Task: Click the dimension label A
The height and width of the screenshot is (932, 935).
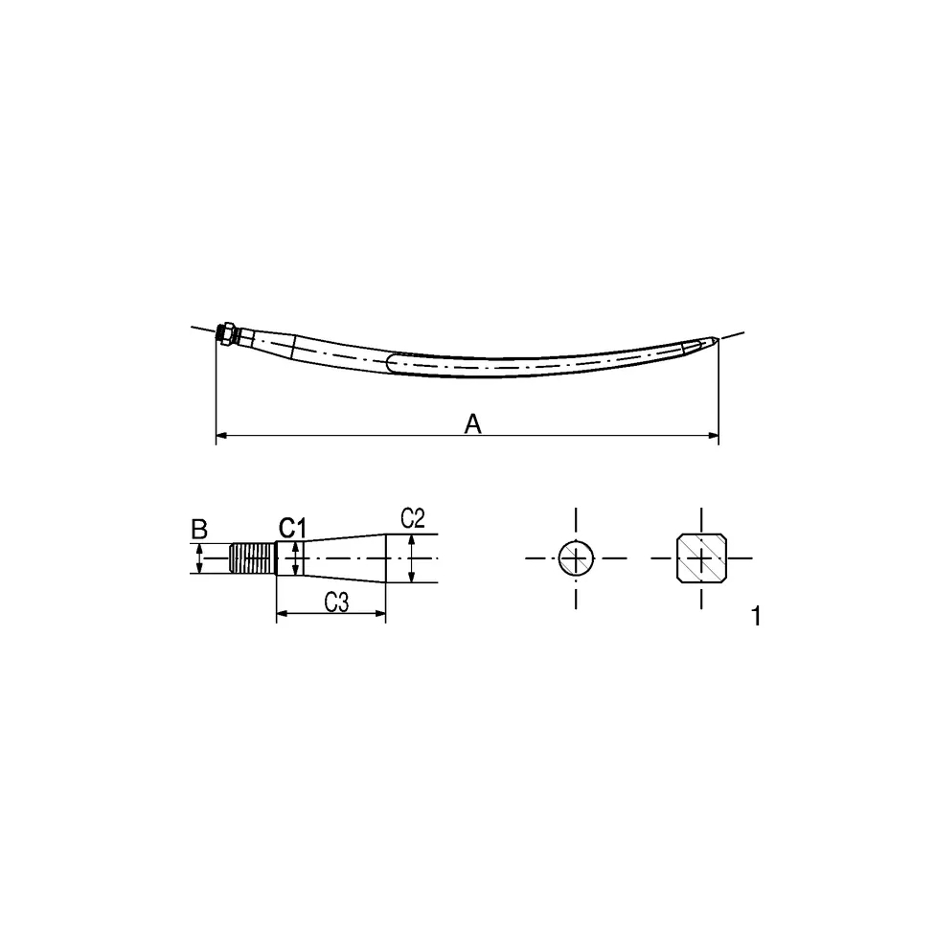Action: click(472, 424)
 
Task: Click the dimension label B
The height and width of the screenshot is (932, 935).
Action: click(199, 529)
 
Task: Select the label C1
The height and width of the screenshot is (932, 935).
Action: click(292, 528)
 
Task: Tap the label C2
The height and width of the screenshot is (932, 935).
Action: click(413, 519)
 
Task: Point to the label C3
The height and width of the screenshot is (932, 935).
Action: click(336, 602)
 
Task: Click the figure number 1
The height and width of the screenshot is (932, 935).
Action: click(756, 616)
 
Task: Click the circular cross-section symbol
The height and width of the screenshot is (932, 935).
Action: click(576, 558)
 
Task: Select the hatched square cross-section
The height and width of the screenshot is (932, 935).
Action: click(701, 558)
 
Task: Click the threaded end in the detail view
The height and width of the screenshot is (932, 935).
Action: click(253, 558)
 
